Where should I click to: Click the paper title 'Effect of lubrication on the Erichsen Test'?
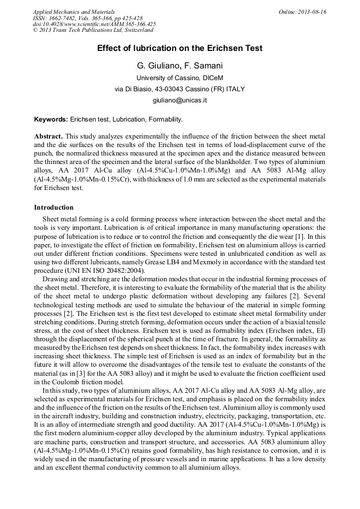click(179, 48)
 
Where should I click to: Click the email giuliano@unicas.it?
click(179, 100)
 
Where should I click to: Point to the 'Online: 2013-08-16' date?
click(303, 12)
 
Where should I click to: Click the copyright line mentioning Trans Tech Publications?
click(93, 30)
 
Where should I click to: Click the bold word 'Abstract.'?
click(48, 136)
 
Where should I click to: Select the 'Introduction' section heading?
click(54, 207)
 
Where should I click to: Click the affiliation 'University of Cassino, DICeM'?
click(179, 77)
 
